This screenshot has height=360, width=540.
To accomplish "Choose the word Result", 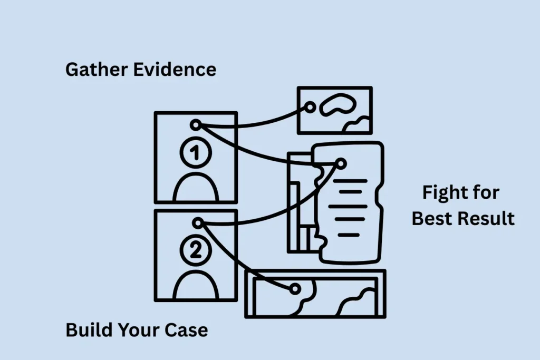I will (487, 218).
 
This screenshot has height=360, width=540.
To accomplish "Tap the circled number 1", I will (195, 153).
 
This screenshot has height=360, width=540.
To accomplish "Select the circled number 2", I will (195, 251).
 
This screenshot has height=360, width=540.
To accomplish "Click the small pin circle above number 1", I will (196, 125).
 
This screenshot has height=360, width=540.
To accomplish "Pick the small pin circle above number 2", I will (197, 223).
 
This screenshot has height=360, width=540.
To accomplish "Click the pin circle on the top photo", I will (311, 107).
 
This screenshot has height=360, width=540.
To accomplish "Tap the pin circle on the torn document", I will (341, 164).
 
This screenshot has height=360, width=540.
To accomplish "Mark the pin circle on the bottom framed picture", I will (295, 289).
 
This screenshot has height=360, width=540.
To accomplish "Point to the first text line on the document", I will (349, 181).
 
